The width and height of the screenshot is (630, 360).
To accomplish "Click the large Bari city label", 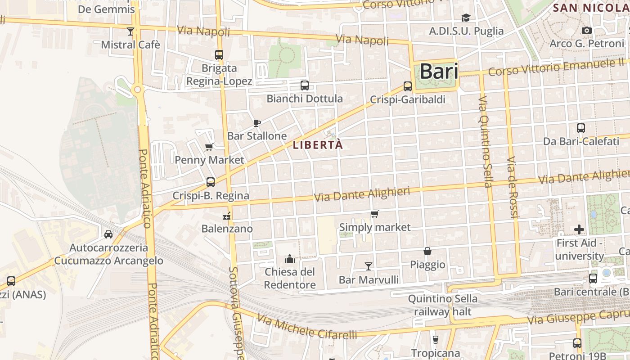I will point(439,72).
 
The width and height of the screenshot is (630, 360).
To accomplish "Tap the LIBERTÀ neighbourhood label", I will point(318,145).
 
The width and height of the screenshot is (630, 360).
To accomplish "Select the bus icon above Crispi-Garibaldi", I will point(408,86).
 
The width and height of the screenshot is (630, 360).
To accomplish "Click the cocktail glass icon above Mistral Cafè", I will point(130,31).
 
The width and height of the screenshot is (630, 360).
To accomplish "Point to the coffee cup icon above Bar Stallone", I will point(257,123).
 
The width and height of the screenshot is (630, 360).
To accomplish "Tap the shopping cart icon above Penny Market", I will point(209,147).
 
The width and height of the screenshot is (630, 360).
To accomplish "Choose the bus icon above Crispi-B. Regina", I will point(211,182).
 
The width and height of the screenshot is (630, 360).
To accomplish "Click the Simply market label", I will point(375,227).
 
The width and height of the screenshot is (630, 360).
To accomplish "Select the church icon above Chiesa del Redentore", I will point(290,259).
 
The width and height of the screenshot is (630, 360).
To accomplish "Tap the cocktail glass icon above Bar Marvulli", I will point(369,266).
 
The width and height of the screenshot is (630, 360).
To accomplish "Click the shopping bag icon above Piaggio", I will point(427,251).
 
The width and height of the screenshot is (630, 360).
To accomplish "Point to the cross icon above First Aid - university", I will point(579,229).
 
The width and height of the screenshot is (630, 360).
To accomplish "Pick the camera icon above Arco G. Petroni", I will point(587,30).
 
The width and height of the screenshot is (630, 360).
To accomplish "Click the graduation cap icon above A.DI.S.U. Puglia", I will point(466,18).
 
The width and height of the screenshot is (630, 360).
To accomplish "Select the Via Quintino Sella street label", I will point(484,142).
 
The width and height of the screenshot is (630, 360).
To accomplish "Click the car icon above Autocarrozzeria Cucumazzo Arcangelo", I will point(108,234).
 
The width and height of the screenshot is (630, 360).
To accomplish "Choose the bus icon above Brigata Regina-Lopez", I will point(219,55).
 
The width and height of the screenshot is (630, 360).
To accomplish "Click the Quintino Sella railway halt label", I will point(443,305).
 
